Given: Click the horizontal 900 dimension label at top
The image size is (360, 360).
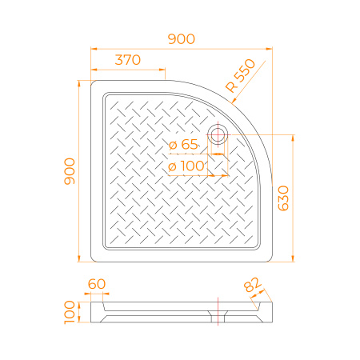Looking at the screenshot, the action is [x=182, y=39].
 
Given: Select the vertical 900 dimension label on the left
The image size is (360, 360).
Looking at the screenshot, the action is [x=70, y=171].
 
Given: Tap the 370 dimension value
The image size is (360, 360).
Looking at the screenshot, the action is [x=128, y=60].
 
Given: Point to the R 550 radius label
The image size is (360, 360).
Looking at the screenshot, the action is [x=240, y=75].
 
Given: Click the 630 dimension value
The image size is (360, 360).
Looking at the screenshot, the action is [x=283, y=198].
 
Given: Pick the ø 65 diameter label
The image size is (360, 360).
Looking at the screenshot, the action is [x=183, y=145].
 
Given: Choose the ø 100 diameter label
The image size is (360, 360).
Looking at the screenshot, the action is [x=186, y=166].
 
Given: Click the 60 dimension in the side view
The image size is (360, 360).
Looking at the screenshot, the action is [x=97, y=284].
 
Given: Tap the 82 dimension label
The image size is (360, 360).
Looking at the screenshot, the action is [x=252, y=285].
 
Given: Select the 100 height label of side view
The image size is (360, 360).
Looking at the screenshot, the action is [x=70, y=312].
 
